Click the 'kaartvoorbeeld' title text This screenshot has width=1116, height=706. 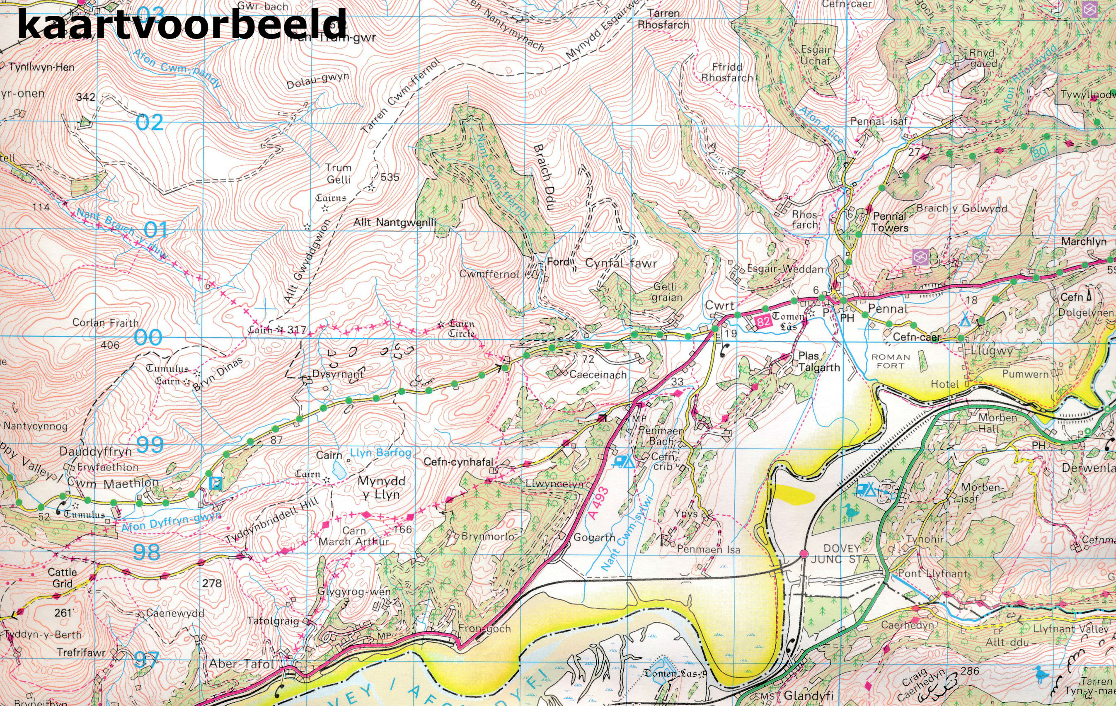click(182, 24)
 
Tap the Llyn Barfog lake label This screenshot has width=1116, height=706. click(380, 453)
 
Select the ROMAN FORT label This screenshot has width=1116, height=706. click(890, 361)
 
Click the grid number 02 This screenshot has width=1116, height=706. click(150, 123)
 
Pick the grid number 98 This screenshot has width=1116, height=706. click(147, 552)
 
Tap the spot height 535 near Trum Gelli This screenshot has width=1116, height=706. click(389, 177)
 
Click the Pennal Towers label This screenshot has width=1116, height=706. click(890, 222)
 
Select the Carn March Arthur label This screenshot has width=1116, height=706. click(354, 536)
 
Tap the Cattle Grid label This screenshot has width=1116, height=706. click(62, 577)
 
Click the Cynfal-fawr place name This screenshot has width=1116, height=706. click(621, 263)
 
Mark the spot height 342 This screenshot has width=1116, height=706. click(86, 97)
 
